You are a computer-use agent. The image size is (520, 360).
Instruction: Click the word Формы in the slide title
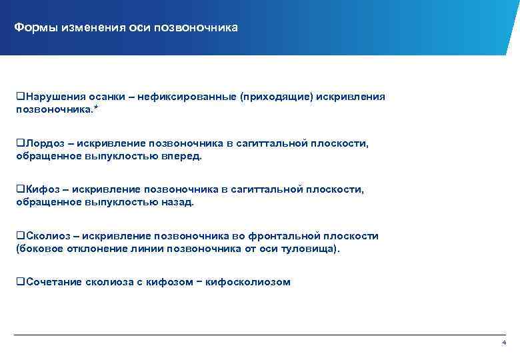click(35, 28)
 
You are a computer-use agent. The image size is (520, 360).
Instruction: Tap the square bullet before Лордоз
click(20, 143)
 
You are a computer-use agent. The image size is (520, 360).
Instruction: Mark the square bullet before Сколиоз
click(20, 236)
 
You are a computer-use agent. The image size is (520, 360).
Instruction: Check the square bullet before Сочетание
click(20, 282)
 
